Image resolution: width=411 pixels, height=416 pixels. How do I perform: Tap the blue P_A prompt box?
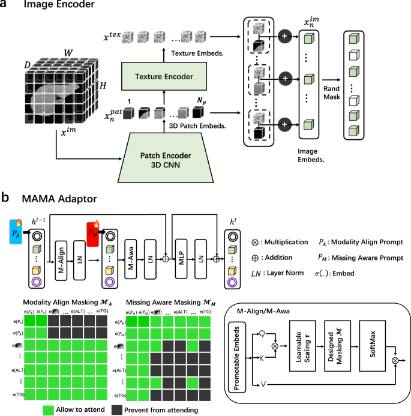click(16, 232)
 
